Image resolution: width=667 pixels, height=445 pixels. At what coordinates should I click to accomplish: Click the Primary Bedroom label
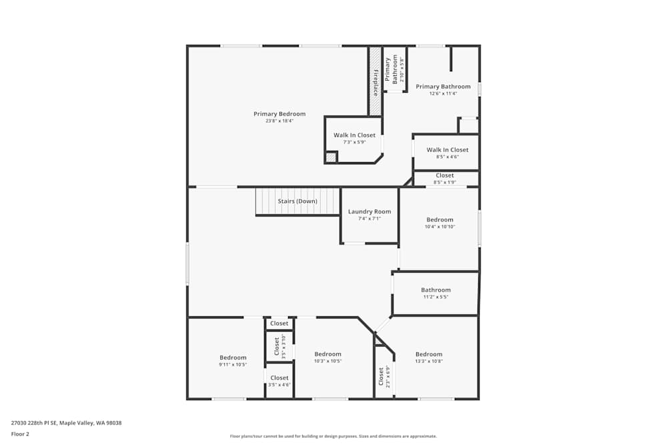pos(279,114)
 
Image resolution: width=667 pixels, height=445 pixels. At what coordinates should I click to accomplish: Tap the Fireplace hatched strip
pos(375,81)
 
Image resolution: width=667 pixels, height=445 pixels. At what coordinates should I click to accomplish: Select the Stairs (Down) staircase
pos(297,201)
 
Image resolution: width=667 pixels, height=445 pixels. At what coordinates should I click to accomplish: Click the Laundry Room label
pos(370,211)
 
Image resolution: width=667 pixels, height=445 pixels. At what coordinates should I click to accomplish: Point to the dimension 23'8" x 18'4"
pos(279,121)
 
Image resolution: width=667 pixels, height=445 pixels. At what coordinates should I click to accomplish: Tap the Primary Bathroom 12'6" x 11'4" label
pos(444,90)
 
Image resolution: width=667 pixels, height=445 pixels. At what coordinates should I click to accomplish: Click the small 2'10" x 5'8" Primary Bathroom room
pos(395,69)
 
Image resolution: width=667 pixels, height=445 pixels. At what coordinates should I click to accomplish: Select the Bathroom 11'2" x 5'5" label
pos(436,293)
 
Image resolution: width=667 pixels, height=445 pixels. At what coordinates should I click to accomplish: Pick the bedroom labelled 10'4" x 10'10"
pos(440,229)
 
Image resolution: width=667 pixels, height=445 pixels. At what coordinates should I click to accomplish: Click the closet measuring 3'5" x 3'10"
pos(279,346)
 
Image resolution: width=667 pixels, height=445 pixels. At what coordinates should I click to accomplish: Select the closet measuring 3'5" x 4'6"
pos(279,381)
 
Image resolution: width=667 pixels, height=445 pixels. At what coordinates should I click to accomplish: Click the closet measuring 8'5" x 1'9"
pos(446,179)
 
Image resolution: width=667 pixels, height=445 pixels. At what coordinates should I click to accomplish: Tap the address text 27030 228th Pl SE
pos(33,423)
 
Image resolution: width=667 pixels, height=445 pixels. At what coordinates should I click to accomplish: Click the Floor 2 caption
pos(20,434)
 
